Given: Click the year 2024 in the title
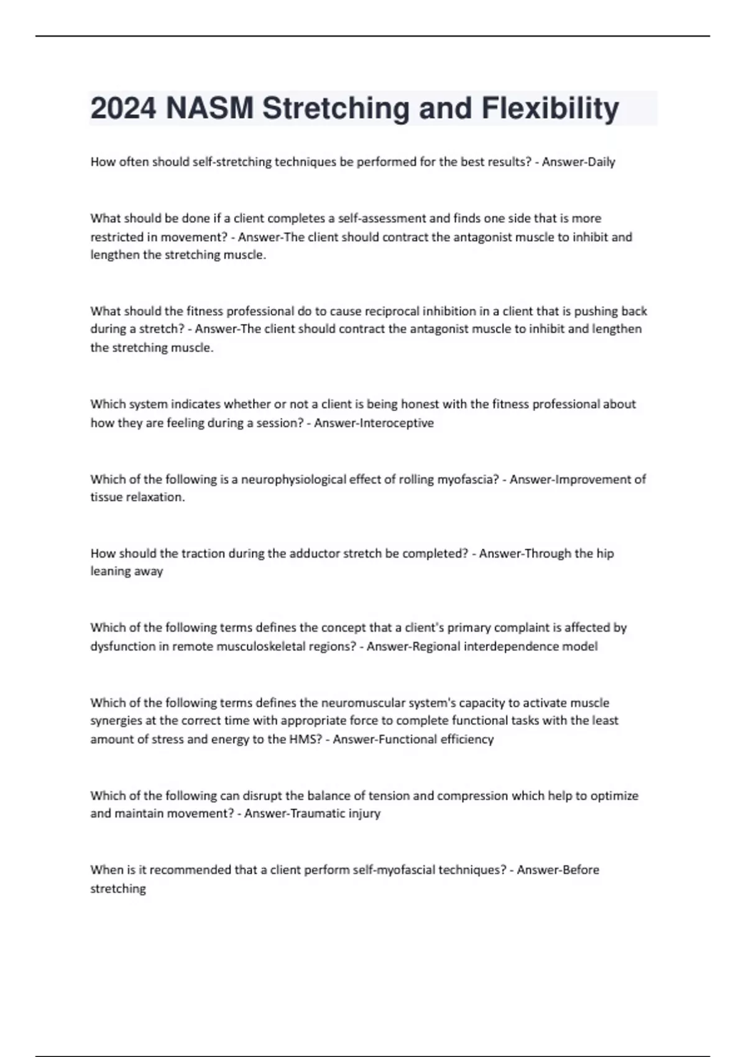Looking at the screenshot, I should [x=123, y=108].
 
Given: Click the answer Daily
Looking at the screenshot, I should [x=597, y=162].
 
